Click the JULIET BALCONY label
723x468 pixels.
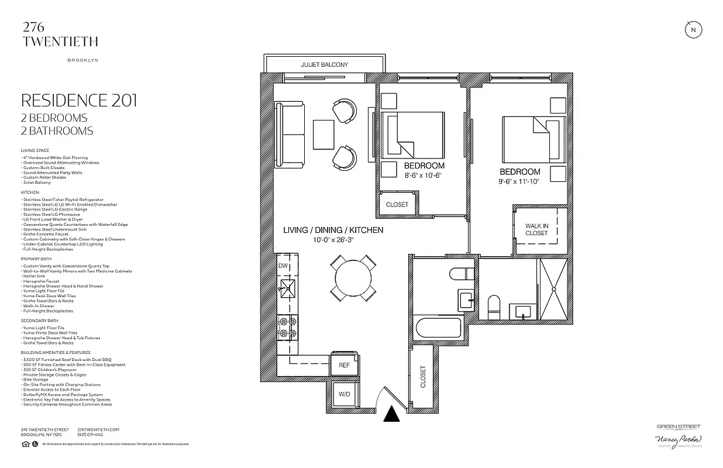324,64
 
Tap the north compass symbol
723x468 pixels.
693,30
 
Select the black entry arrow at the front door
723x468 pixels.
391,414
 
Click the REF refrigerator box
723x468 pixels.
344,365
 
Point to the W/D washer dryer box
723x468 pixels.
344,394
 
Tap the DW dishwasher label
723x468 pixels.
283,266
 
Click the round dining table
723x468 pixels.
353,278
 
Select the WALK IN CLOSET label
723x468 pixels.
536,229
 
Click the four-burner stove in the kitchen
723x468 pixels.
287,327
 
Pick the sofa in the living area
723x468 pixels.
290,133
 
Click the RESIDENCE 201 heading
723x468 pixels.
79,100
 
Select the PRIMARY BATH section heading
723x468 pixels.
36,258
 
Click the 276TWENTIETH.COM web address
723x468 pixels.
98,429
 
